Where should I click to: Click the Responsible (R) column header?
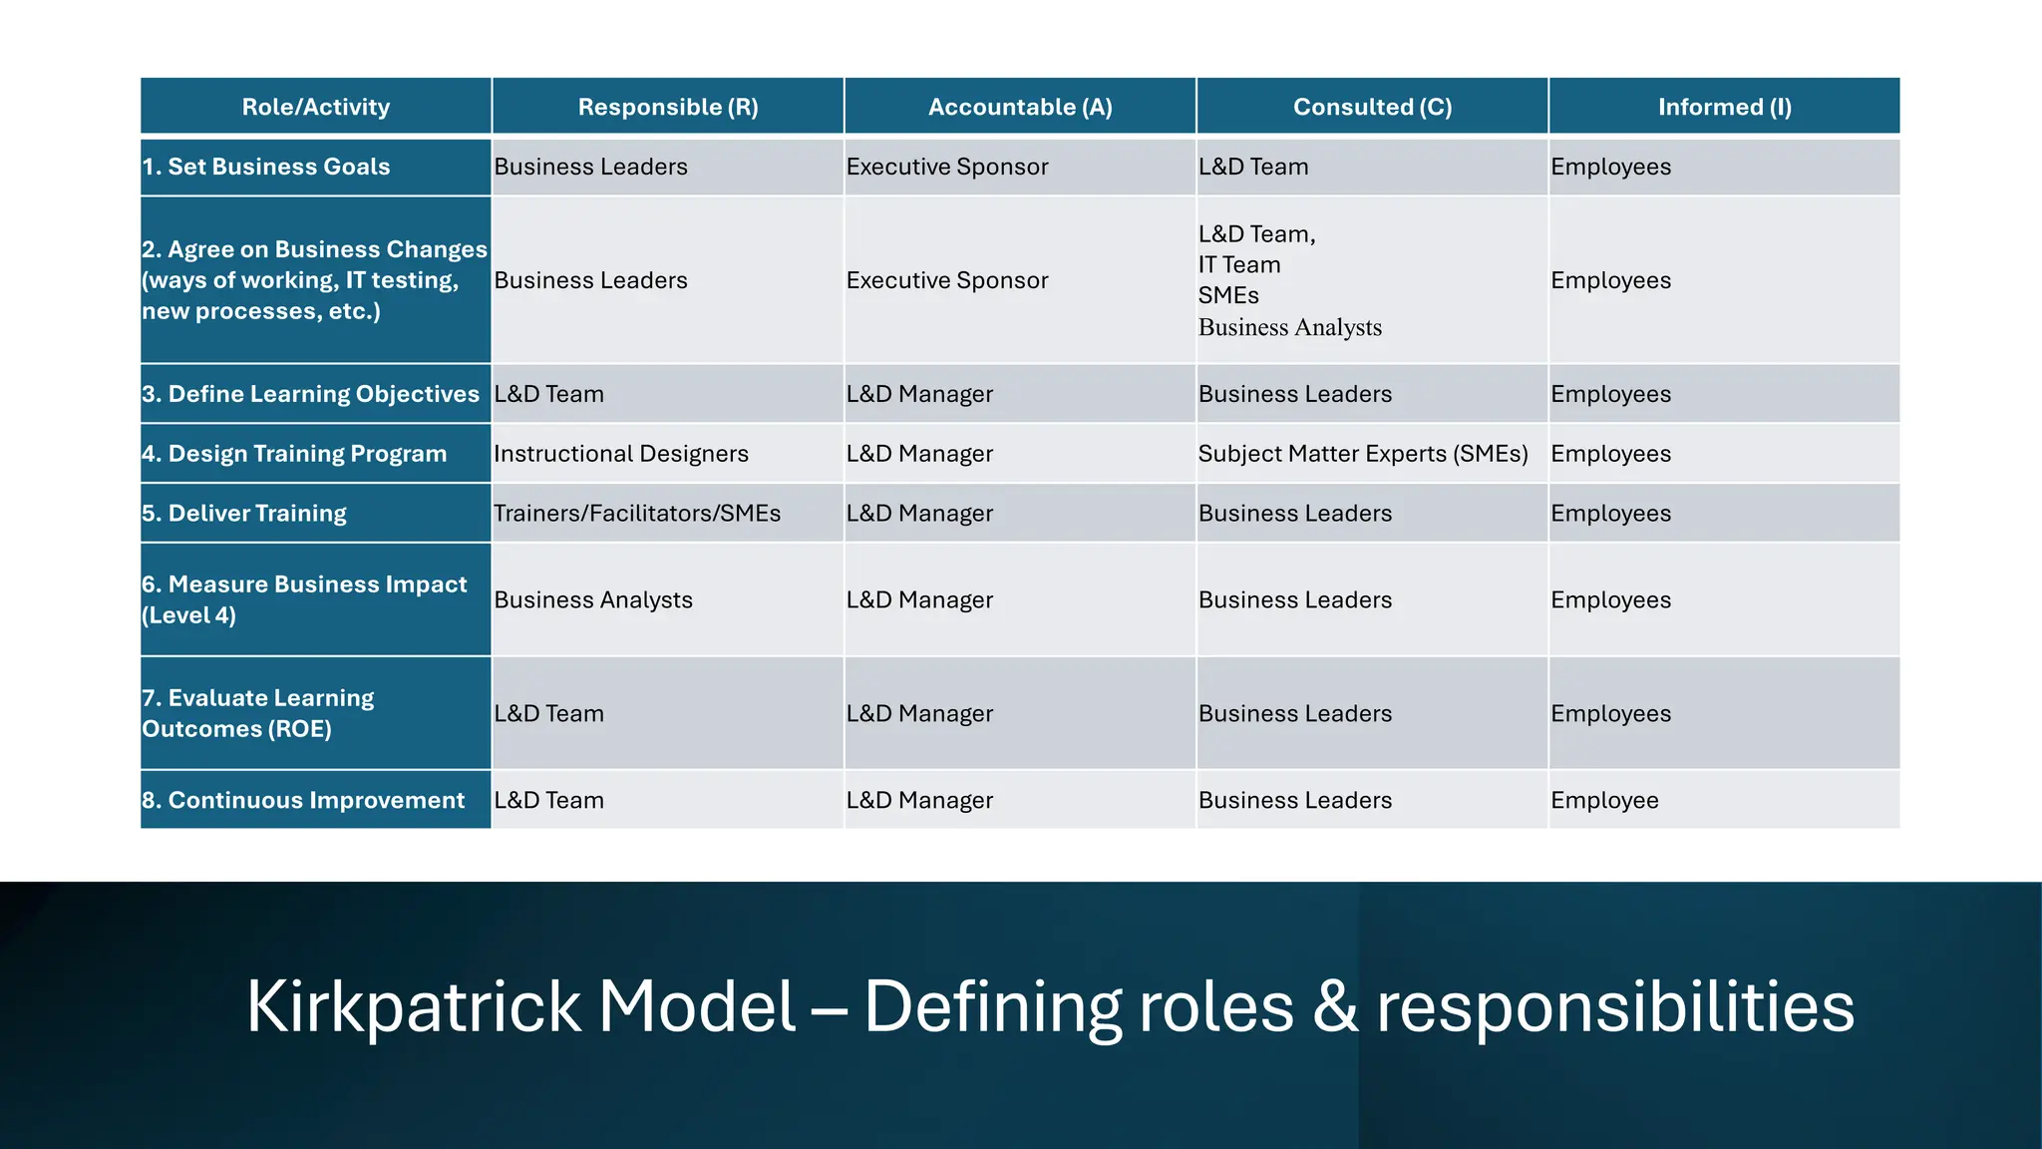point(668,107)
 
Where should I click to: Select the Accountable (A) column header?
point(1020,107)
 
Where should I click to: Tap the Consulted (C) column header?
point(1372,107)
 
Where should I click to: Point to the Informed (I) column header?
point(1724,107)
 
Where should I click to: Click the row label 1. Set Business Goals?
point(266,167)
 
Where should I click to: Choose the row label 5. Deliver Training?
point(244,514)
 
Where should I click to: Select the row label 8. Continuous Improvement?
point(303,800)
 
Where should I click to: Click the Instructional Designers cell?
point(620,454)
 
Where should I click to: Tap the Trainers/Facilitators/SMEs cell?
point(637,514)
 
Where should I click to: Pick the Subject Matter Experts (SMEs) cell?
point(1363,454)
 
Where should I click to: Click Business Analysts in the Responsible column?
point(593,600)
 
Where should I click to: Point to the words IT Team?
point(1239,265)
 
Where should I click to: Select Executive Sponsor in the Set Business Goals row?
point(947,167)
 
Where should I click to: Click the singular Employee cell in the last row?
point(1604,800)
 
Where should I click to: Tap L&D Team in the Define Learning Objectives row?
point(549,394)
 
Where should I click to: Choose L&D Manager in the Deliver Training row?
point(919,514)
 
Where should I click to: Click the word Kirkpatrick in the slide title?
point(413,1007)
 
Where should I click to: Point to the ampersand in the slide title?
point(1335,1007)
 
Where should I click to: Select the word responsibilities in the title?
point(1615,1007)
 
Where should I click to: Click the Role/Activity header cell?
point(316,107)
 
